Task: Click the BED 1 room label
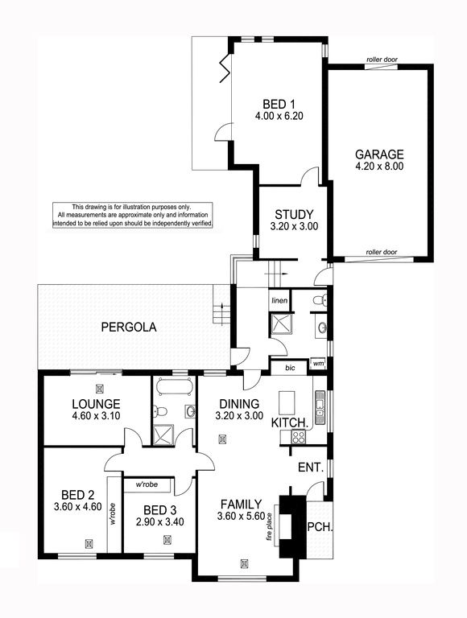(x=279, y=104)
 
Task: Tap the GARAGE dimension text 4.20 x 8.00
(x=379, y=167)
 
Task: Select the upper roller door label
(x=382, y=60)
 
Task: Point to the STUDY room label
(x=294, y=214)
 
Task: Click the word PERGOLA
(x=129, y=328)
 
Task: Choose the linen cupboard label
(x=279, y=301)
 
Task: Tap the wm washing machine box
(x=317, y=364)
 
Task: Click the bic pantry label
(x=290, y=368)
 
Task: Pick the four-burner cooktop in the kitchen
(x=298, y=436)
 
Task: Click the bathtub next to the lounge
(x=175, y=386)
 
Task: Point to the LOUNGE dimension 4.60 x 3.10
(x=97, y=415)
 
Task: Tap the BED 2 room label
(x=78, y=495)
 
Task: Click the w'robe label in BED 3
(x=147, y=484)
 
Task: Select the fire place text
(x=271, y=526)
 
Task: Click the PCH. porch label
(x=320, y=526)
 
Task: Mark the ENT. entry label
(x=311, y=468)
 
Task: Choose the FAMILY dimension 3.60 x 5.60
(x=241, y=516)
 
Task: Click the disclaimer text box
(x=133, y=215)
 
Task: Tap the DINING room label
(x=239, y=404)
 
